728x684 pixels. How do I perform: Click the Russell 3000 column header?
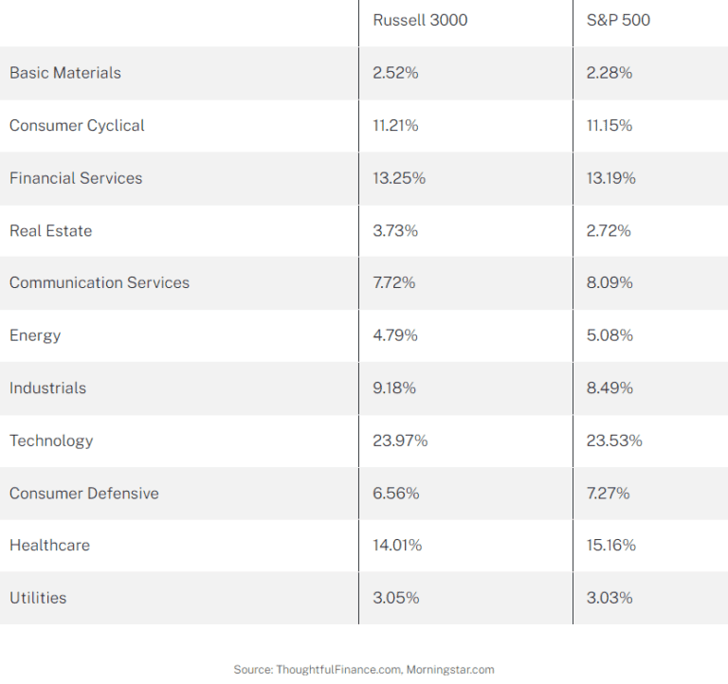point(420,20)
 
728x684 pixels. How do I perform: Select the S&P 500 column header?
point(618,20)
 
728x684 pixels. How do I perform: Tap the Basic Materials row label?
point(65,73)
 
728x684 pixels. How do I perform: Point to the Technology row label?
point(51,441)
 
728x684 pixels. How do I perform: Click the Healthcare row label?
point(49,546)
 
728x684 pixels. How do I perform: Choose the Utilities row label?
point(38,598)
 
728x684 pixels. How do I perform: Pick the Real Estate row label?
point(51,230)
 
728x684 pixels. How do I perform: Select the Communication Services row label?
point(100,283)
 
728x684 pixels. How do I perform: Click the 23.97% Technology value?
point(400,441)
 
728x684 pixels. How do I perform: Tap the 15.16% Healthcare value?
point(610,546)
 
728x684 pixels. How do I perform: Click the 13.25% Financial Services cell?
point(399,178)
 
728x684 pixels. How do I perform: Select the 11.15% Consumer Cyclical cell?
point(610,126)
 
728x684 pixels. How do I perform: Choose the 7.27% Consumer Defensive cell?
point(608,494)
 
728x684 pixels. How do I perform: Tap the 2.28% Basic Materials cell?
point(610,73)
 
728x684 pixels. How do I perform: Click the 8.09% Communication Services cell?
point(610,283)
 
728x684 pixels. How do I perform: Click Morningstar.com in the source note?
point(450,670)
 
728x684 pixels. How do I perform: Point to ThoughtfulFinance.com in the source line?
point(338,670)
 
